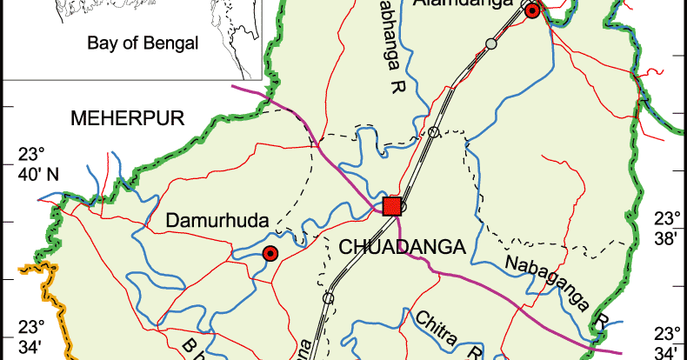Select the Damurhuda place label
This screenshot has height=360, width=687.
pyautogui.click(x=217, y=222)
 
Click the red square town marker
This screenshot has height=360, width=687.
pyautogui.click(x=391, y=206)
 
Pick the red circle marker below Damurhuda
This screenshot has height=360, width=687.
pyautogui.click(x=270, y=253)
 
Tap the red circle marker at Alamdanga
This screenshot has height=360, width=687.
pyautogui.click(x=531, y=10)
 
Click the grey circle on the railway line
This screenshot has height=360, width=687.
pyautogui.click(x=491, y=43)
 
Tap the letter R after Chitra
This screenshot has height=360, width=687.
pyautogui.click(x=475, y=352)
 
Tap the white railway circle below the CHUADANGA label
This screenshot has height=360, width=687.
pyautogui.click(x=328, y=298)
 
